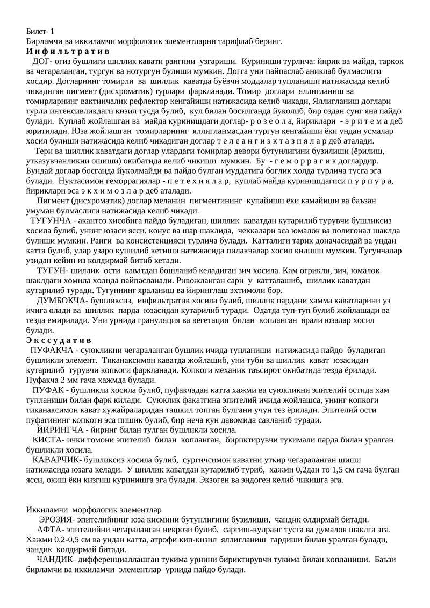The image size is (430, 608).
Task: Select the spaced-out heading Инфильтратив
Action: [68, 52]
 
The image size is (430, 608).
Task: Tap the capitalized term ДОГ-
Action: [44, 61]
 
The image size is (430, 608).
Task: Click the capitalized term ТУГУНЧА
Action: [51, 221]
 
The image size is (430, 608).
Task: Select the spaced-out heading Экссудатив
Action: [59, 341]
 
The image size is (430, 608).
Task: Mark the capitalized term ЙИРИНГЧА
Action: [61, 430]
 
